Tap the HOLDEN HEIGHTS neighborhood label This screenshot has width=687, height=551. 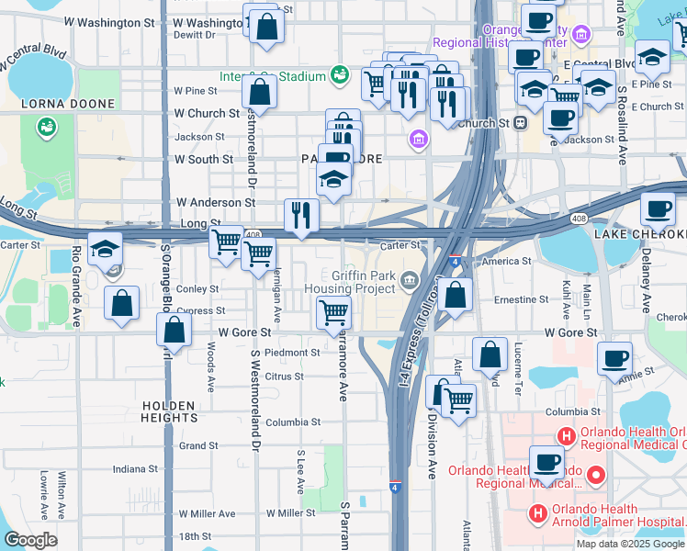pyautogui.click(x=169, y=410)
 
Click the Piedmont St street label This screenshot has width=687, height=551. pyautogui.click(x=291, y=352)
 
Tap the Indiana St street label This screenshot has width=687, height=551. pyautogui.click(x=135, y=468)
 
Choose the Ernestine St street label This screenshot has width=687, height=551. pyautogui.click(x=521, y=299)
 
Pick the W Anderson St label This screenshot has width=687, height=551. pyautogui.click(x=216, y=202)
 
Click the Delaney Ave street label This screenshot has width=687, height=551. pyautogui.click(x=646, y=285)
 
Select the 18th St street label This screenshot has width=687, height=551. pyautogui.click(x=195, y=536)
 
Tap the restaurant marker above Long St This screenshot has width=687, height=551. pyautogui.click(x=301, y=215)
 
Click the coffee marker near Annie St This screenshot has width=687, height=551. pyautogui.click(x=614, y=358)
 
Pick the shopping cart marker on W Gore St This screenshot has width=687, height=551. pyautogui.click(x=333, y=311)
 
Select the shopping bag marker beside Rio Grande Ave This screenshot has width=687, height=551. pyautogui.click(x=121, y=303)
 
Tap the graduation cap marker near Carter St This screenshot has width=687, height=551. pyautogui.click(x=106, y=249)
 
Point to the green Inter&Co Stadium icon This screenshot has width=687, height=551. pyautogui.click(x=339, y=74)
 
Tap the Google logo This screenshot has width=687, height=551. pyautogui.click(x=30, y=539)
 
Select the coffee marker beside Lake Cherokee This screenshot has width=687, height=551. pyautogui.click(x=658, y=210)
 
